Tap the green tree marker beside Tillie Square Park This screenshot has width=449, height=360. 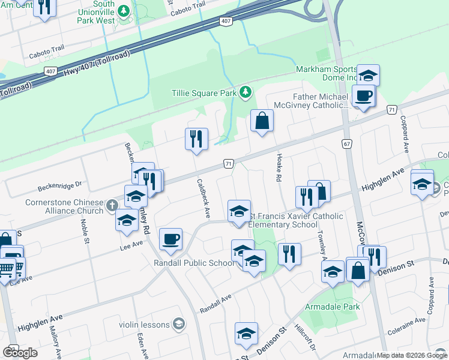click(245, 92)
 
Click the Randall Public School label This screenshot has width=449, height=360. click(196, 263)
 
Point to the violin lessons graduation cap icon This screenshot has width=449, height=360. click(178, 324)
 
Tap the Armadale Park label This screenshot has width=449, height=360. click(334, 307)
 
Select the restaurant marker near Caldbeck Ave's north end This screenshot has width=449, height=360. click(196, 139)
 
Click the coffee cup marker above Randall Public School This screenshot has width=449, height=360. click(171, 239)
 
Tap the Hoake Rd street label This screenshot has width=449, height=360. click(279, 166)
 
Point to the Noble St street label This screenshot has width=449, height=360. click(85, 231)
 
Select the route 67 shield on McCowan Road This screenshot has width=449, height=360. click(347, 144)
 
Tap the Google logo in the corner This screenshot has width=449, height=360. click(20, 352)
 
